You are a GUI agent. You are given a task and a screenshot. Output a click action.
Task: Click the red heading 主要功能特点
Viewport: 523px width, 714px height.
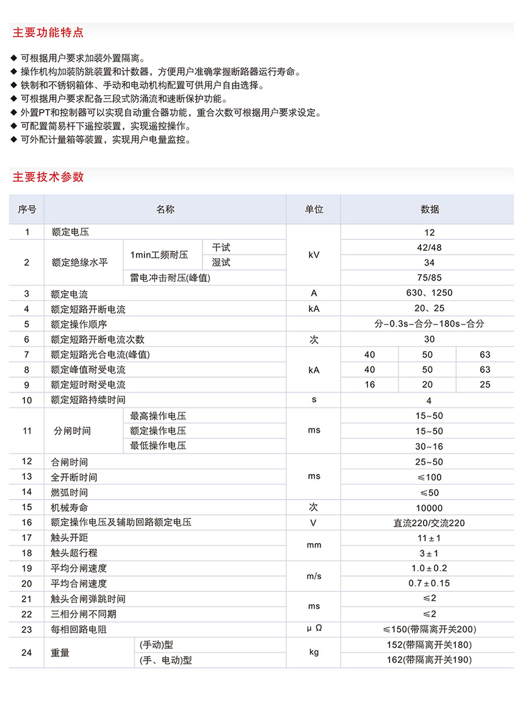48,32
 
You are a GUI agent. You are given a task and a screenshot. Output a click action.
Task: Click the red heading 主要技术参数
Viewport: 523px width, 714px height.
48,178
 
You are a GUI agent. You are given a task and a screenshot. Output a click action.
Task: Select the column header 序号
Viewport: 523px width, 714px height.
27,209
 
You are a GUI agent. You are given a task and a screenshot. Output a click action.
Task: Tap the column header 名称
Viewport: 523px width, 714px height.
165,209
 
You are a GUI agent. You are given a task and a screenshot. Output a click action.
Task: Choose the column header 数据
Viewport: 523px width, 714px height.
430,209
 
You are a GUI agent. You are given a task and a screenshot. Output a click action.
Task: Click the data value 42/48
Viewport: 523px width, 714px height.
430,247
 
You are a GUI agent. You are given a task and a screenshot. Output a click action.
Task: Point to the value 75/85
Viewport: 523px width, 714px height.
430,278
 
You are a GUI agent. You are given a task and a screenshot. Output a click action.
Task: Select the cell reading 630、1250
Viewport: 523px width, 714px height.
430,293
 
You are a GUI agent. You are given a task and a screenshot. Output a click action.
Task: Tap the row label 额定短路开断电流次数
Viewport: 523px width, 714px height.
98,339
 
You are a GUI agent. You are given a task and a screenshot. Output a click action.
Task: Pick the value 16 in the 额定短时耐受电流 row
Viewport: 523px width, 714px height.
369,385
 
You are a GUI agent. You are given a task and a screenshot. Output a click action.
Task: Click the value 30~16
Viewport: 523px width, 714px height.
430,446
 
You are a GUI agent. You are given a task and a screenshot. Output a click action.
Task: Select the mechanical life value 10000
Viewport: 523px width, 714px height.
430,508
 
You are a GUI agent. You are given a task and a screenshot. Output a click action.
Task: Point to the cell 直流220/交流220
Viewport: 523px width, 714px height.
430,523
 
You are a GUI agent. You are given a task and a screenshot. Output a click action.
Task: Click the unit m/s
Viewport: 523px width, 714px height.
314,576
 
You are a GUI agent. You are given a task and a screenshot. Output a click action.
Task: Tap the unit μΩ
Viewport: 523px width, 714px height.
314,629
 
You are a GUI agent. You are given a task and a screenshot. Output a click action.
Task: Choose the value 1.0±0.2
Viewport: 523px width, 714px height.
430,568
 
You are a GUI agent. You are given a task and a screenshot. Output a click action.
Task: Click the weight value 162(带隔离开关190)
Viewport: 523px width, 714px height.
430,660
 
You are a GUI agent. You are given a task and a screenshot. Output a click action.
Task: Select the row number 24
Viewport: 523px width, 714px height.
27,652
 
